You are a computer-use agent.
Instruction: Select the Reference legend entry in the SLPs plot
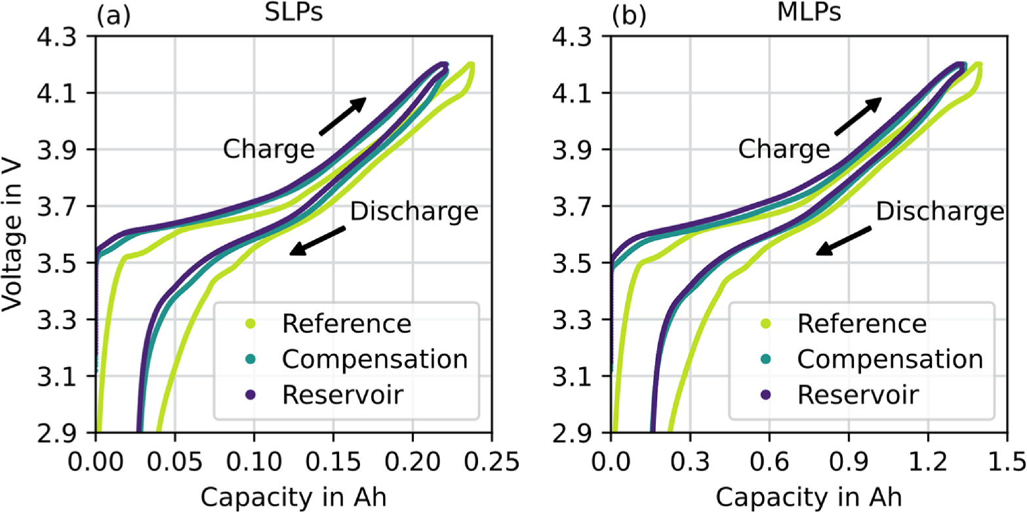pos(346,324)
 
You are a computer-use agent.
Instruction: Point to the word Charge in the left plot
pos(268,149)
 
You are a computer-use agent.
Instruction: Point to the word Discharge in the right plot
pos(940,212)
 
